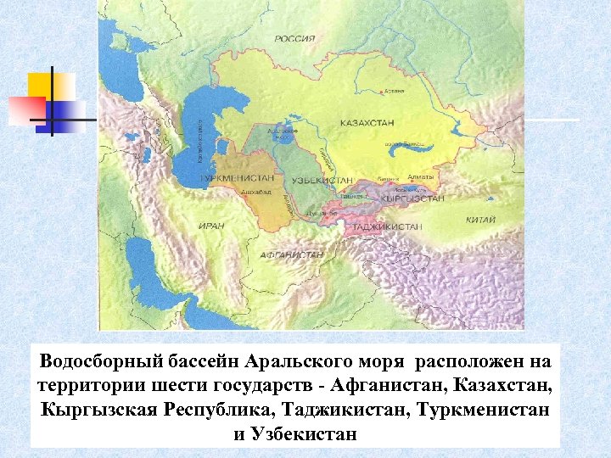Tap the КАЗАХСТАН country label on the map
click(x=367, y=123)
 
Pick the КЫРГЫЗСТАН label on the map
click(x=413, y=198)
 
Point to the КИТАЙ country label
click(x=480, y=220)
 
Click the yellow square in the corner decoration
click(x=49, y=85)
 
